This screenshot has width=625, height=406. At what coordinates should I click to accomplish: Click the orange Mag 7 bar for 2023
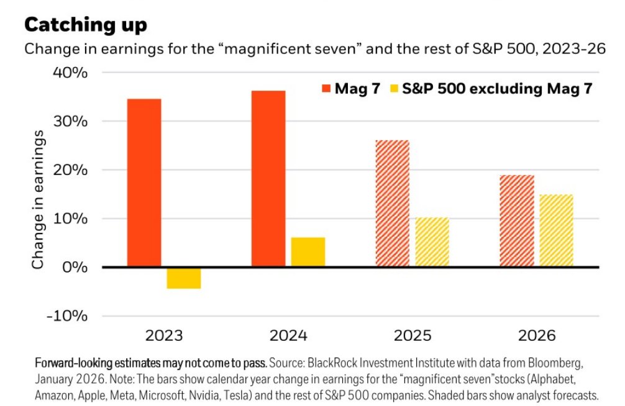point(144,183)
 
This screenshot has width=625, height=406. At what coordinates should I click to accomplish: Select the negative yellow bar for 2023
point(183,278)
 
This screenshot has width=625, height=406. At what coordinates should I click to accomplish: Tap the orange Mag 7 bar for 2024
point(268,179)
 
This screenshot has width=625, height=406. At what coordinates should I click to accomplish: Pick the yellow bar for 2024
point(308,252)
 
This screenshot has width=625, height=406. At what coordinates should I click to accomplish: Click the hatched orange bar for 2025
point(393,204)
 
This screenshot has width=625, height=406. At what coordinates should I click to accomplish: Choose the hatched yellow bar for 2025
point(432,242)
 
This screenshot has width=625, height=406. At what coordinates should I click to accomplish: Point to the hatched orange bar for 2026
point(517,221)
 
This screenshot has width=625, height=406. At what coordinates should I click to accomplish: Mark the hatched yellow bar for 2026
point(556,231)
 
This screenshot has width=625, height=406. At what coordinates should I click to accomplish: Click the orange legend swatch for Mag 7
point(326,89)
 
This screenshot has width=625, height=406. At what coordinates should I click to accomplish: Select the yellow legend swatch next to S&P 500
point(393,89)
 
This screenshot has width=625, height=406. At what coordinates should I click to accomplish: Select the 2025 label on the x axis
point(413,336)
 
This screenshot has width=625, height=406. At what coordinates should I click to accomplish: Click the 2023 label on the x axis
point(165,336)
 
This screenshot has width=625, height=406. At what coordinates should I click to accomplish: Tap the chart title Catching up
point(86,25)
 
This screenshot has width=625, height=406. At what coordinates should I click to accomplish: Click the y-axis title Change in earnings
point(39,200)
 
